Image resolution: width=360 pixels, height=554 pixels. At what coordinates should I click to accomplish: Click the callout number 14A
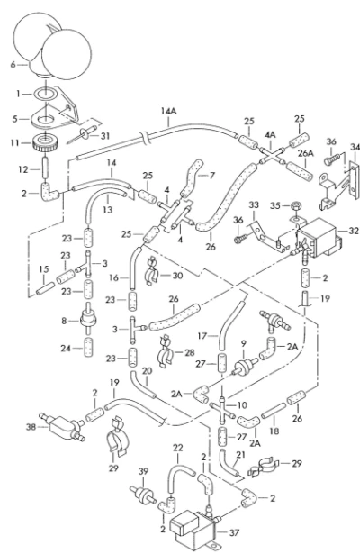[168, 111]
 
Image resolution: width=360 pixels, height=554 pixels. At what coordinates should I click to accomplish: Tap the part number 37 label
[234, 532]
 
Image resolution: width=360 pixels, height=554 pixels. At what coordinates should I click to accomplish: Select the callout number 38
[31, 427]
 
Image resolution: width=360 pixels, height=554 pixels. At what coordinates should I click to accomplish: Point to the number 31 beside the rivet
[105, 136]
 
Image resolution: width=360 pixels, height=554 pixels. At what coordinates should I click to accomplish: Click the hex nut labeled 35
[296, 205]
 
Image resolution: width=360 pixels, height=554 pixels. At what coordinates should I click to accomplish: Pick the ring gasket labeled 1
[45, 94]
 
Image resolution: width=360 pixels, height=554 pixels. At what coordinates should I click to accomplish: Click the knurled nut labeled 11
[45, 142]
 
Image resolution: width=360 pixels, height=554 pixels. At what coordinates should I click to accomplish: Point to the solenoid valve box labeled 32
[318, 238]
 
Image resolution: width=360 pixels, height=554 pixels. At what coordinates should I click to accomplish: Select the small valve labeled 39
[142, 495]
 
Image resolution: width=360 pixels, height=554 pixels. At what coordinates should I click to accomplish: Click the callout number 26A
[306, 153]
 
